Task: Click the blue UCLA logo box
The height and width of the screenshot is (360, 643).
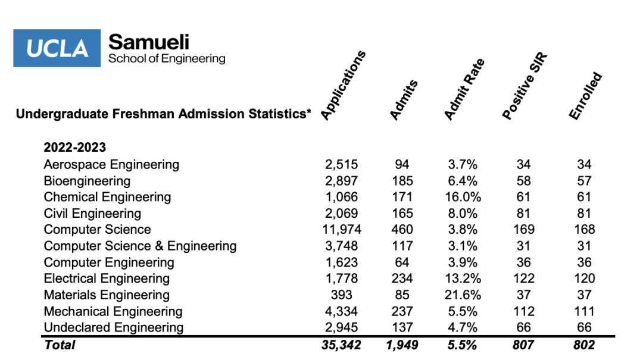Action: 57,48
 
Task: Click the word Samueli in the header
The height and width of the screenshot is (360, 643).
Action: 149,42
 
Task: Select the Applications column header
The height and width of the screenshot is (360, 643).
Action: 343,86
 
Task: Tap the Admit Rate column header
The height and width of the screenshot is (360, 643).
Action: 464,89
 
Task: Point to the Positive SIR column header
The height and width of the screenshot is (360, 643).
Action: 525,86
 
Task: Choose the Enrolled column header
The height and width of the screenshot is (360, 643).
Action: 585,96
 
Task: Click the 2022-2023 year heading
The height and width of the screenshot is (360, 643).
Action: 74,147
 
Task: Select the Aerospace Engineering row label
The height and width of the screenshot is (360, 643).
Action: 111,164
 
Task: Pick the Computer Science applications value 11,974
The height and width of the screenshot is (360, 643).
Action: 342,229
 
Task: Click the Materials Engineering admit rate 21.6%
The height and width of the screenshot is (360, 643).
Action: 463,295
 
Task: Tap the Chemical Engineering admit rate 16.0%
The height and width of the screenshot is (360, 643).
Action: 463,197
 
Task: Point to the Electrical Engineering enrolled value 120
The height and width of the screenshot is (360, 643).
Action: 585,278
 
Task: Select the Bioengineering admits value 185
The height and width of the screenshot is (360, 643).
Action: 402,181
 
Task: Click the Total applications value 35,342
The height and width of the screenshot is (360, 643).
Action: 341,345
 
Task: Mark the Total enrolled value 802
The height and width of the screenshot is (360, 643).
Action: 584,345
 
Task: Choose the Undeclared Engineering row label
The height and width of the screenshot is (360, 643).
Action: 114,328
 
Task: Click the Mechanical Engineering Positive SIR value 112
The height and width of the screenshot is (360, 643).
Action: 524,311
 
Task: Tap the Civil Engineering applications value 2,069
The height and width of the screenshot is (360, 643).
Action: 341,213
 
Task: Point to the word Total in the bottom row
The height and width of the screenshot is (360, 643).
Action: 60,345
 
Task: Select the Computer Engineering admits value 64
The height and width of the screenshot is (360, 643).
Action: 402,262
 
